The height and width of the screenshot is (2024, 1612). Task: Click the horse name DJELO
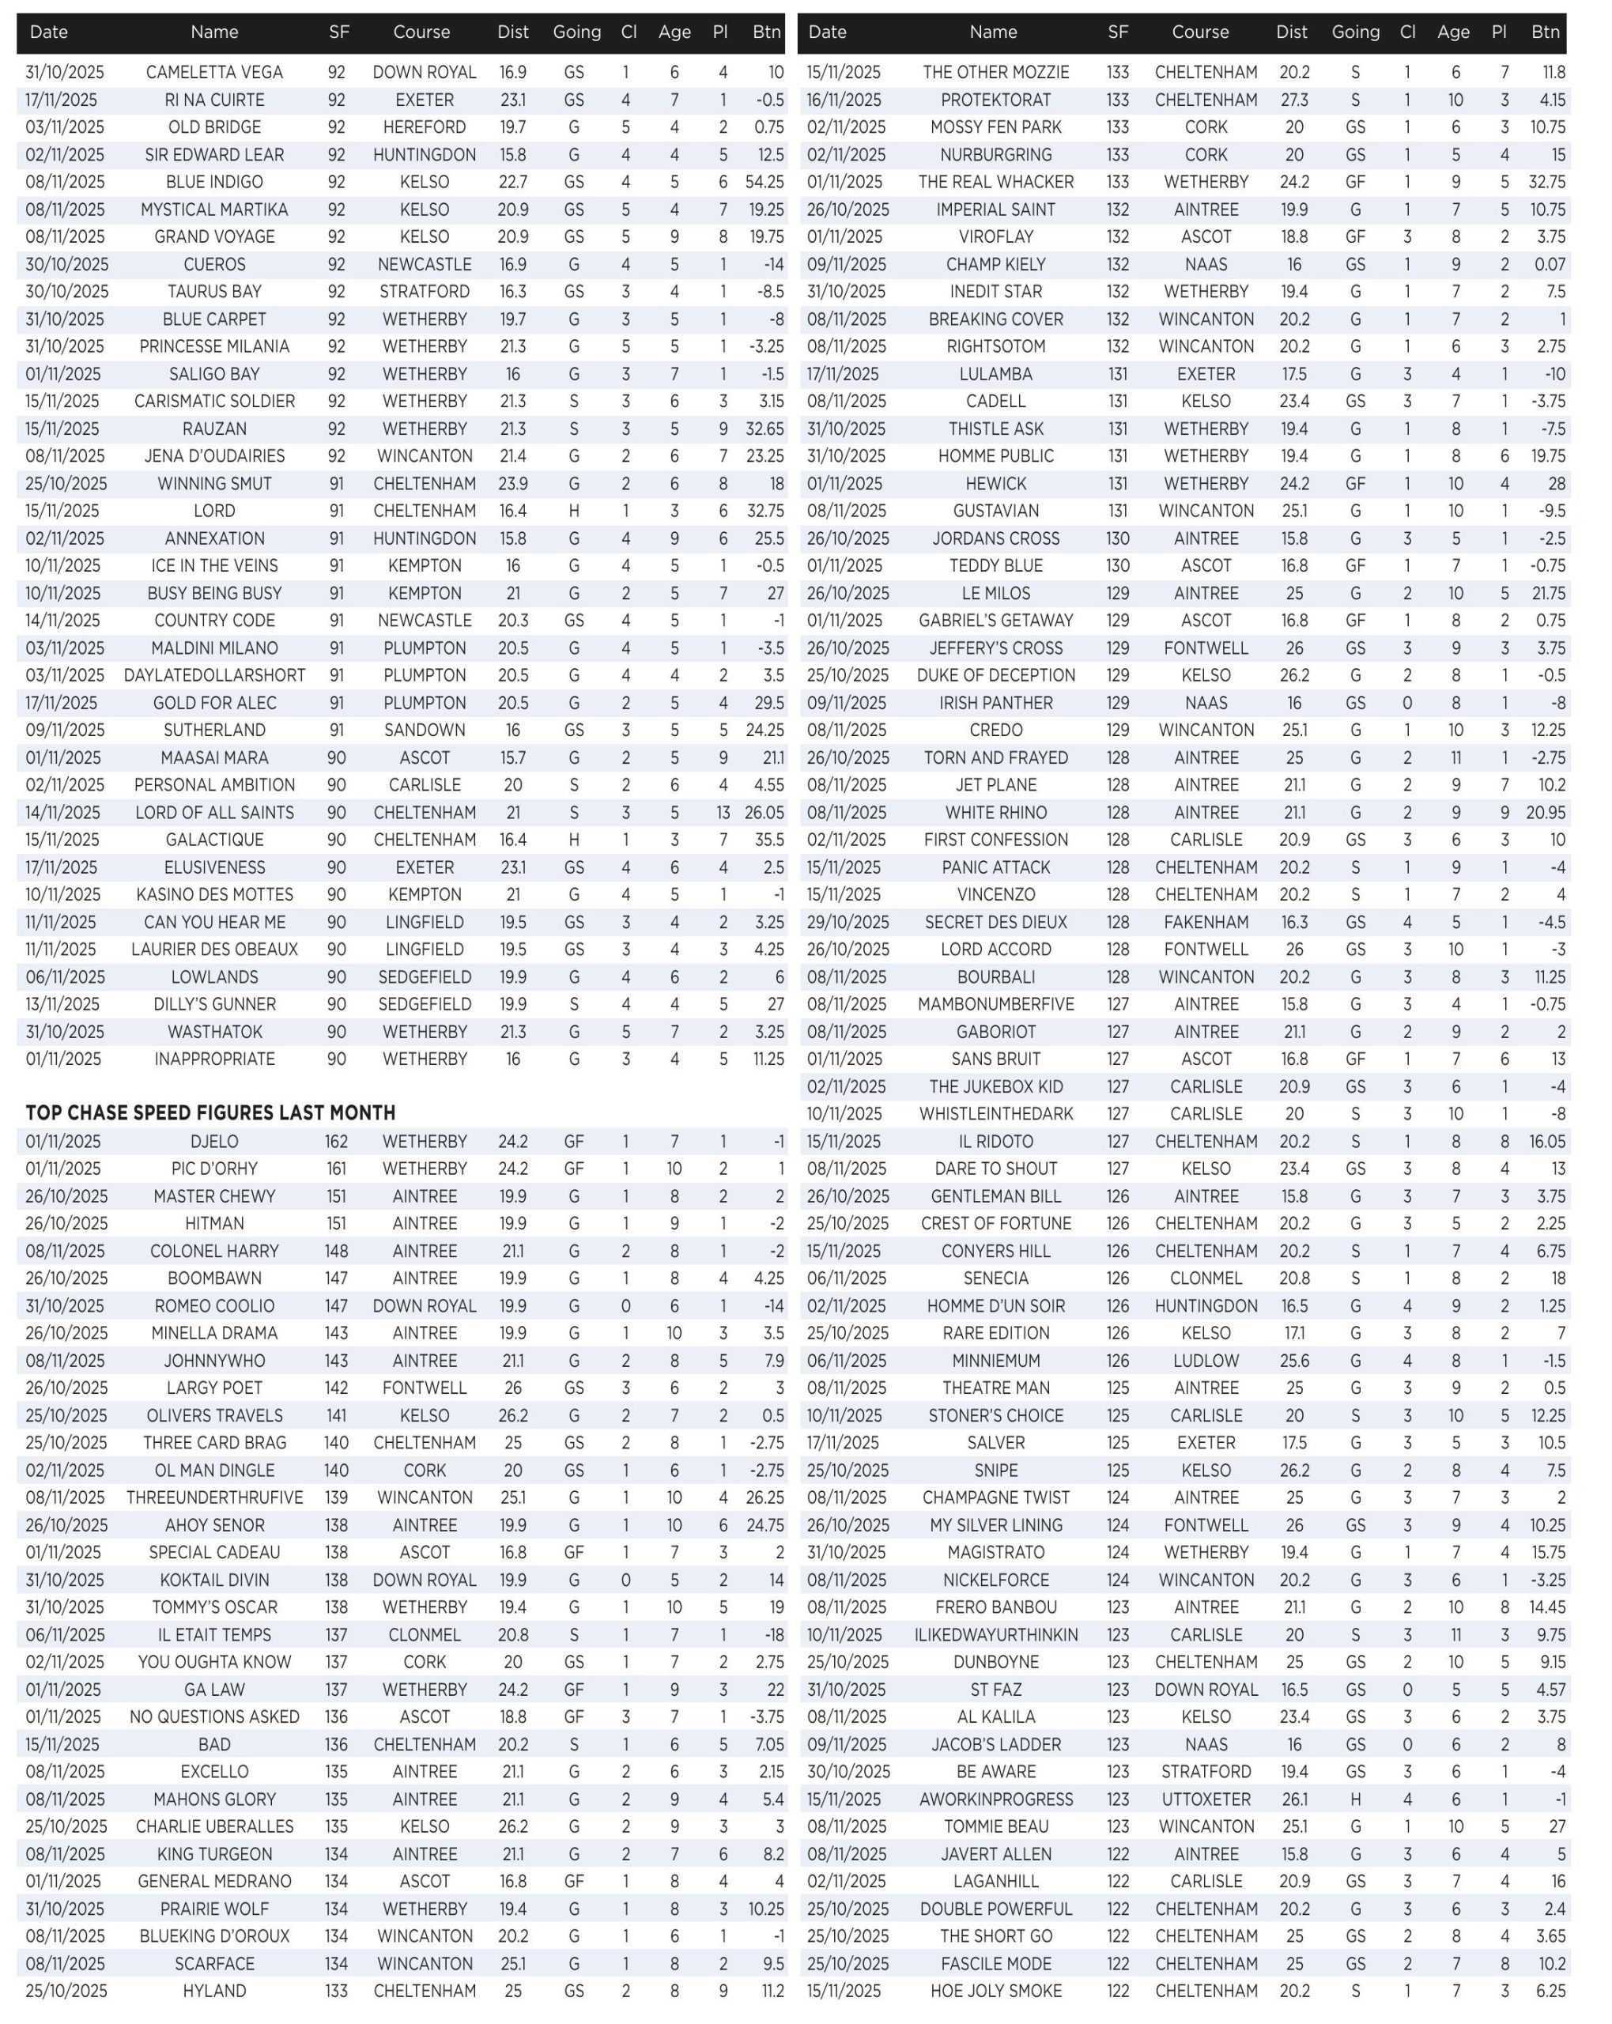[214, 1142]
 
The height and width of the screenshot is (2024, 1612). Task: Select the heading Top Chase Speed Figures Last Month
[210, 1112]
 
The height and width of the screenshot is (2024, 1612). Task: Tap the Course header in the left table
[421, 32]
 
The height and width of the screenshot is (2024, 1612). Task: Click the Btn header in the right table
[1546, 32]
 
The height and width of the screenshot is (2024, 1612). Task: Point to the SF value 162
[336, 1142]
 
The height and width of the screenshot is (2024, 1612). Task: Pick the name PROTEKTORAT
[995, 100]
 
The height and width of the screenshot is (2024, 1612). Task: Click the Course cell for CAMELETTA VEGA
[425, 72]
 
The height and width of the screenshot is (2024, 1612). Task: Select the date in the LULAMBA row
[842, 374]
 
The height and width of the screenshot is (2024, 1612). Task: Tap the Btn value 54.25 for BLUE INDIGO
[764, 182]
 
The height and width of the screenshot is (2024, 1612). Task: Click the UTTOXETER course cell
[1206, 1799]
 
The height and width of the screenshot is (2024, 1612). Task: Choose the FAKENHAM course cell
[1206, 922]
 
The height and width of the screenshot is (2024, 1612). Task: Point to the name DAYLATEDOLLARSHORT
[214, 675]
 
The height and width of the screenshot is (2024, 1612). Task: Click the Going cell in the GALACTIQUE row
[574, 840]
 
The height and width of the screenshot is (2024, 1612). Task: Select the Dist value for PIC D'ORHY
[512, 1169]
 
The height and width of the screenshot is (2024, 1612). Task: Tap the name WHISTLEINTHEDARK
[995, 1113]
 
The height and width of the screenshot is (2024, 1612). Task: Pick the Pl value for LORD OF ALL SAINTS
[722, 812]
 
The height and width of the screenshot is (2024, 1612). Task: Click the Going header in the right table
[1355, 32]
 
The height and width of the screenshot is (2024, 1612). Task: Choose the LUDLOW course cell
[1206, 1361]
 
